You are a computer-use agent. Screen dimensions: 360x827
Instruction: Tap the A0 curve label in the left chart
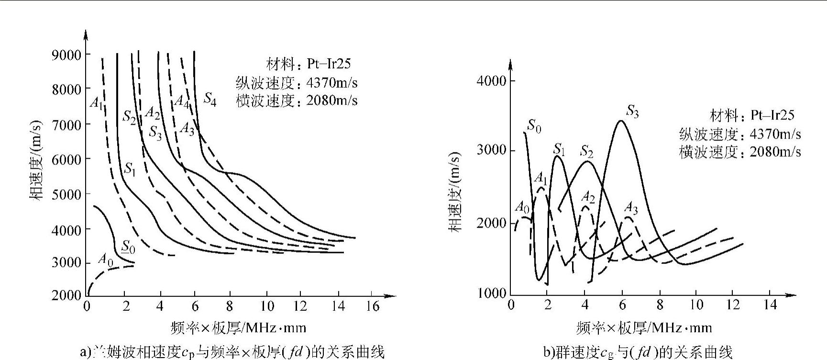click(105, 260)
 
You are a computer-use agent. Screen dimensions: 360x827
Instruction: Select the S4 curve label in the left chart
click(210, 99)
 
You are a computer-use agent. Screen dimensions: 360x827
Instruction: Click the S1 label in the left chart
click(129, 169)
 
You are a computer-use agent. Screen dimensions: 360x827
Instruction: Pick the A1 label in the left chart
click(96, 102)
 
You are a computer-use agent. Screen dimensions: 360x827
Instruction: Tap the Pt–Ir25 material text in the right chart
click(772, 115)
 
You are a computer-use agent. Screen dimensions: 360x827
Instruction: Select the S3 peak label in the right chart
click(632, 112)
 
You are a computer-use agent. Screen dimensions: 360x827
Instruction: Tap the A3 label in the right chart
click(631, 207)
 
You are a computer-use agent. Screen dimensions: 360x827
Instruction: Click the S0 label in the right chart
click(534, 127)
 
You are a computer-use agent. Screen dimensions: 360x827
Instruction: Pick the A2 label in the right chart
click(587, 196)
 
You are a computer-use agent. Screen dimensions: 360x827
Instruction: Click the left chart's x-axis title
click(238, 327)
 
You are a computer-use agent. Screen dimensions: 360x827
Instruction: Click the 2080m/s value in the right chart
click(775, 152)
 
